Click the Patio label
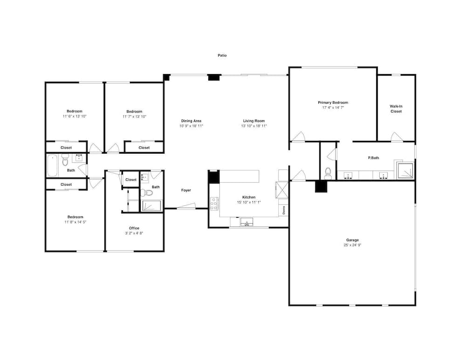point(222,55)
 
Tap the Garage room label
point(352,240)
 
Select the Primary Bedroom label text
point(333,102)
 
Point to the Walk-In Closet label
point(396,109)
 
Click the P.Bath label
point(374,158)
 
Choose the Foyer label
point(186,190)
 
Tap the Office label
point(134,228)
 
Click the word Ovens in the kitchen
point(284,211)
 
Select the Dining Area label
point(191,121)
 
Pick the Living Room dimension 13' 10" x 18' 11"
point(254,126)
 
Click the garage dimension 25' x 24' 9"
point(352,245)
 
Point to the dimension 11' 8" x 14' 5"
point(75,222)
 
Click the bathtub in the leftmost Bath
point(52,165)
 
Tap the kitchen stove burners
point(214,204)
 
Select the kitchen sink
point(247,222)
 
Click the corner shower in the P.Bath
point(405,170)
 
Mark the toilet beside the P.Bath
point(328,173)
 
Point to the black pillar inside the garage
point(321,187)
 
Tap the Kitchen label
point(249,197)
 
